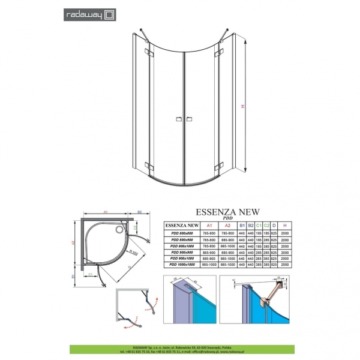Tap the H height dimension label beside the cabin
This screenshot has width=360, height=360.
tap(242, 106)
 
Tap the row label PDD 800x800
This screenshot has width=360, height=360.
tap(182, 233)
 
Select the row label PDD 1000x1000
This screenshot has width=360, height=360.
tap(182, 265)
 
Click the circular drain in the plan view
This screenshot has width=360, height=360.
tap(124, 227)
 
